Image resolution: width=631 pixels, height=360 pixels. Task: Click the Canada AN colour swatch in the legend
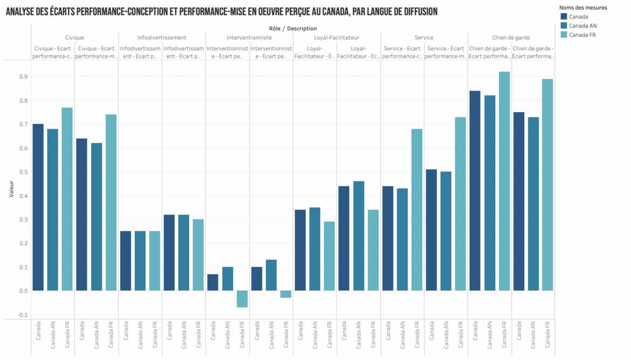pos(564,25)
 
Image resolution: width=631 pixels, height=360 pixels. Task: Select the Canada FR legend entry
pos(582,35)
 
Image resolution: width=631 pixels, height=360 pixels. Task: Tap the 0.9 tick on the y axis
pos(23,77)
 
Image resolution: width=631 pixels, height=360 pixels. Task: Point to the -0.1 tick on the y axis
pos(22,315)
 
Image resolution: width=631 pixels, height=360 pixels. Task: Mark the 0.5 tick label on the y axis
pos(23,172)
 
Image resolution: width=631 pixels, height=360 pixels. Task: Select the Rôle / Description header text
pos(292,28)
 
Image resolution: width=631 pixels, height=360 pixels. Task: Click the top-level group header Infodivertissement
pos(162,38)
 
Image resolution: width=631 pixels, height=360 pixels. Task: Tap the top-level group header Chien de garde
pos(511,38)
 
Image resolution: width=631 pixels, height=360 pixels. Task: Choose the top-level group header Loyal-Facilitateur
pos(337,38)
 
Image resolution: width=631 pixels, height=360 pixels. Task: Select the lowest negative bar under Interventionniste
pos(242,299)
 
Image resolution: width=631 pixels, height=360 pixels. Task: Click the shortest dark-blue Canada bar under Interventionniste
pos(213,282)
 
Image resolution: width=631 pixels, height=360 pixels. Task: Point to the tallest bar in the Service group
pos(460,203)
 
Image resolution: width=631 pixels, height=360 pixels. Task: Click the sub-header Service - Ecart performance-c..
pos(402,52)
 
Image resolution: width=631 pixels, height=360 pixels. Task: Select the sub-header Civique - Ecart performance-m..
pos(96,52)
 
